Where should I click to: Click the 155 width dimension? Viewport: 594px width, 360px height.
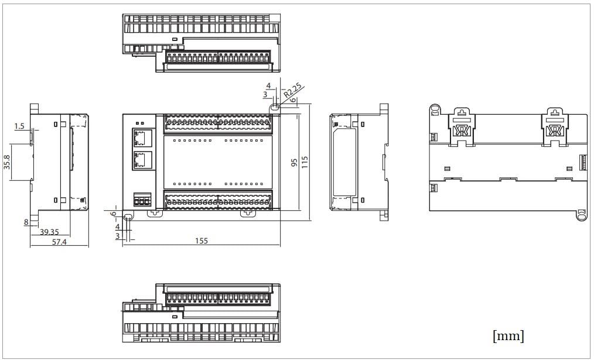[x=201, y=241]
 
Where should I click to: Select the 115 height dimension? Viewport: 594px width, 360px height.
[x=305, y=162]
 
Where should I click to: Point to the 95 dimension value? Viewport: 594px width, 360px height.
[x=294, y=162]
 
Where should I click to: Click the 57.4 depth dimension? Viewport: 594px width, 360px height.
[x=59, y=241]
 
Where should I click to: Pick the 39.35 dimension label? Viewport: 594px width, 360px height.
[x=49, y=232]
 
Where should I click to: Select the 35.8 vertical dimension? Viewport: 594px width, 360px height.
[x=7, y=162]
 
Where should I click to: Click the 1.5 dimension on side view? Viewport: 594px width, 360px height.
[x=19, y=126]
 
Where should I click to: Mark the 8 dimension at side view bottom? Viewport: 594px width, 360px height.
[x=26, y=222]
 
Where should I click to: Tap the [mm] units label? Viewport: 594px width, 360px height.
[x=508, y=336]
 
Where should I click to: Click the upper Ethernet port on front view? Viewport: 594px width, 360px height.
[x=142, y=138]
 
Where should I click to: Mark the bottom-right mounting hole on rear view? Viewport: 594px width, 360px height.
[x=581, y=215]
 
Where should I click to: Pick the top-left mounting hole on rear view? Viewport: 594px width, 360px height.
[x=434, y=109]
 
